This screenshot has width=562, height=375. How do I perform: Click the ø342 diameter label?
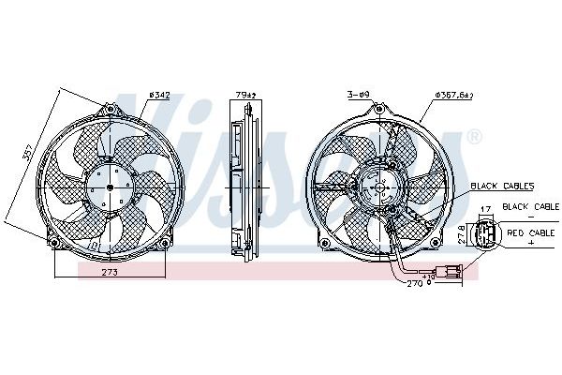pos(162,95)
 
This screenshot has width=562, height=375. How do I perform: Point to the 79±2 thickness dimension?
pos(245,95)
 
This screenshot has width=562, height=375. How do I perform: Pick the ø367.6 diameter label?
pos(454,95)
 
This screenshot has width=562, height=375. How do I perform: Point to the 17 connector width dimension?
pos(485,209)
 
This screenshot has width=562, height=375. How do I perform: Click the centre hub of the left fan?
pos(109,187)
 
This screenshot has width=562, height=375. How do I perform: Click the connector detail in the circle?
pos(486,233)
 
